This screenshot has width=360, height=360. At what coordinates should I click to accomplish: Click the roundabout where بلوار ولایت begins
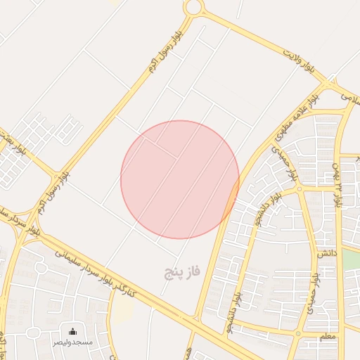click(x=194, y=8)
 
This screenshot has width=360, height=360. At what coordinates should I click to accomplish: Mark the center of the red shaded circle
click(x=180, y=179)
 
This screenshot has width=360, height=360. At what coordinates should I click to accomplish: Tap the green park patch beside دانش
click(x=352, y=259)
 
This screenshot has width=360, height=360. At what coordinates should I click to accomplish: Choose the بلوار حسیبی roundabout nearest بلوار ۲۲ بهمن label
click(x=300, y=189)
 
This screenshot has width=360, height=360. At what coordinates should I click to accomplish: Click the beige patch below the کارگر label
click(x=122, y=312)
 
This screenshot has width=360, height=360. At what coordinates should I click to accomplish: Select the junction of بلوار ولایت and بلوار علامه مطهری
click(x=328, y=85)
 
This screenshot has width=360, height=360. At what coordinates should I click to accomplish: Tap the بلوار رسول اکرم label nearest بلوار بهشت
click(x=64, y=172)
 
